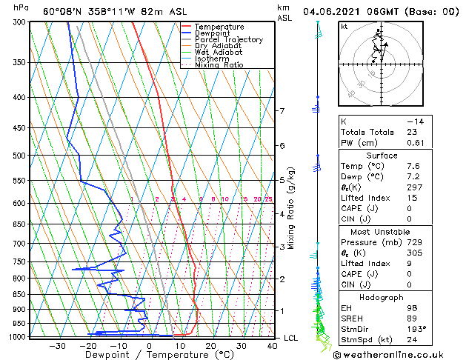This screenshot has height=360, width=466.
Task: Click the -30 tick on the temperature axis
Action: coord(57,346)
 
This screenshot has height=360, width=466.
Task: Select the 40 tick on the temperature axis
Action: coord(273,346)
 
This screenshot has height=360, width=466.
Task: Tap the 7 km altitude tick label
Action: coord(282,111)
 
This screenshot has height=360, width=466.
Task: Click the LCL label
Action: coord(291,338)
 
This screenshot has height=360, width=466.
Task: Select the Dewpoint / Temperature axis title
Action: coord(139,355)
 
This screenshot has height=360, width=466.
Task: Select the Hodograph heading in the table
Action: coord(392,296)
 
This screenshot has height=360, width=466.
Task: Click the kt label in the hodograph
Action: coord(344,27)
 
